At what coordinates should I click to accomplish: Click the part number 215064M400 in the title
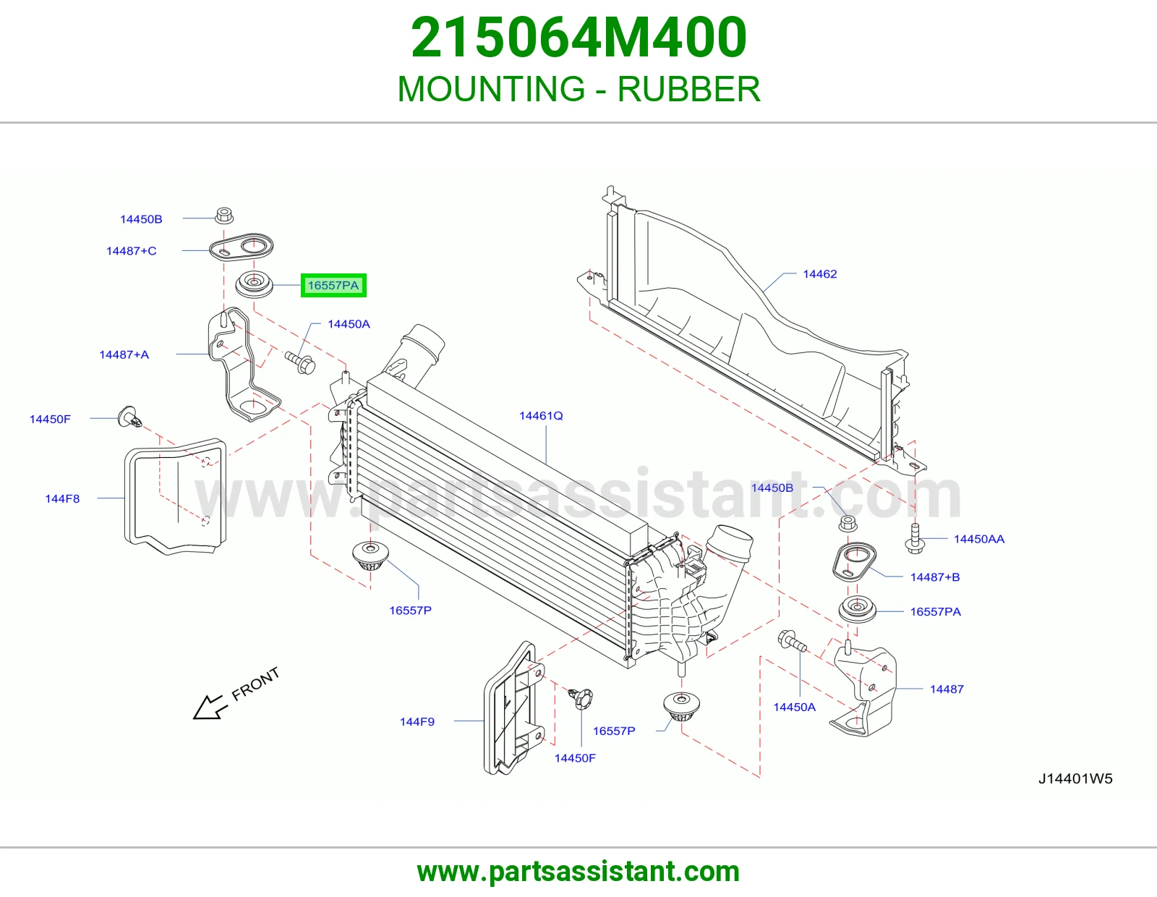coord(578,38)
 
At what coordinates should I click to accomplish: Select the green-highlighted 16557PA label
coord(333,286)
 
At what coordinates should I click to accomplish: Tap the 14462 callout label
coord(819,273)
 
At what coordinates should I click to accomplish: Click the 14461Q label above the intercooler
coord(540,415)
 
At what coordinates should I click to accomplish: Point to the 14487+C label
coord(131,251)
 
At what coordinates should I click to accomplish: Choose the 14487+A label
coord(124,354)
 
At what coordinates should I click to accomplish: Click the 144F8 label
coord(62,498)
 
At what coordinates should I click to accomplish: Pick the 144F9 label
coord(417,722)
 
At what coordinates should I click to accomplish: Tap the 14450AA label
coord(978,539)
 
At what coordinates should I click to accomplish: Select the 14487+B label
coord(935,577)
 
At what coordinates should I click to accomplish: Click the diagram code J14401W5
coord(1075,779)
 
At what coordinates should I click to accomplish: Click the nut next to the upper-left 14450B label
coord(224,216)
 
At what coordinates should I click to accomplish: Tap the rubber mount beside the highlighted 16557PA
coord(254,286)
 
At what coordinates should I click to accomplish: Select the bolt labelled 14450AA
coord(915,539)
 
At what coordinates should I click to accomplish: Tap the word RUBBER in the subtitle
coord(688,89)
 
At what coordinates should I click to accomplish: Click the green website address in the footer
coord(578,872)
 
